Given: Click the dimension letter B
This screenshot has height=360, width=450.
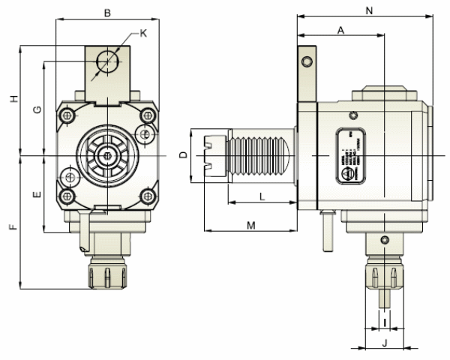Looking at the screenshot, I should pos(107,13).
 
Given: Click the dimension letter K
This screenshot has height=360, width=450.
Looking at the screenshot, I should pos(142,34).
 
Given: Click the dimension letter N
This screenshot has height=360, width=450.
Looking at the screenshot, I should pos(368,10).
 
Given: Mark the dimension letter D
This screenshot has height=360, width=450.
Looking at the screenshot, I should pos(183,155).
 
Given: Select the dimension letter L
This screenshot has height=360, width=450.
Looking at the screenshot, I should pos(261,196).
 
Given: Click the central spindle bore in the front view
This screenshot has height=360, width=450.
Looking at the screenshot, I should pos(108,155).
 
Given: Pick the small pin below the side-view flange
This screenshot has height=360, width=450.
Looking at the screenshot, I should pos(326,232).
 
